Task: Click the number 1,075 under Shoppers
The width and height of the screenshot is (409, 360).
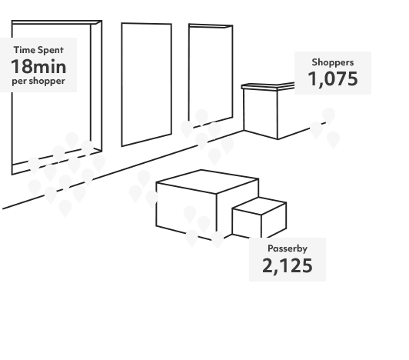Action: [333, 78]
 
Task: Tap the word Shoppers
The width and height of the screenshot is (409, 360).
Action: [333, 62]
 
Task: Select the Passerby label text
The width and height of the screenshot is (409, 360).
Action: [287, 248]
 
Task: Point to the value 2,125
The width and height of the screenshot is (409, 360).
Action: [287, 266]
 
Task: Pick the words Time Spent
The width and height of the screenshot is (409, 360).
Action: [38, 50]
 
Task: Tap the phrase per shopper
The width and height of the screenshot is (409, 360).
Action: [38, 80]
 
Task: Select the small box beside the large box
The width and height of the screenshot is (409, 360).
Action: [260, 217]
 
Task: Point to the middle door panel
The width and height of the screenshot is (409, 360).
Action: [146, 85]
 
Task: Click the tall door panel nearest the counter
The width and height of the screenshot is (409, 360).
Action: [211, 73]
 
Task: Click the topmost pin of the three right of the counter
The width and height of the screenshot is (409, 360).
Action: [328, 116]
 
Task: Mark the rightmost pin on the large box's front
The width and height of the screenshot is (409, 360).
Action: [218, 239]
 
